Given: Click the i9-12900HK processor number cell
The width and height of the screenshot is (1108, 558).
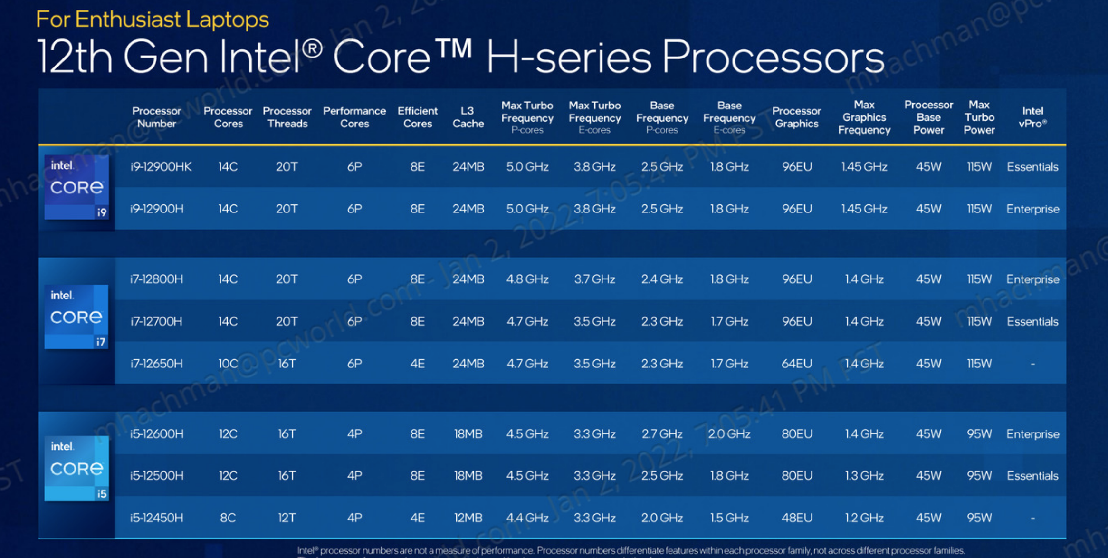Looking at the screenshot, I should (x=161, y=167).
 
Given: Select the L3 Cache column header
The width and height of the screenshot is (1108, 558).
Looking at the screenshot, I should (x=468, y=117).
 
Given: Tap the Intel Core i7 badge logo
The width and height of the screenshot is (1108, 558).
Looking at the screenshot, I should (x=76, y=317).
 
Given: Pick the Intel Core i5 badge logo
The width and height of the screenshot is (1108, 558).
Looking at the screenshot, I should (x=76, y=468).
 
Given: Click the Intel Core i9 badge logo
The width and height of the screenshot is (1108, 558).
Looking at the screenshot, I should (x=76, y=187).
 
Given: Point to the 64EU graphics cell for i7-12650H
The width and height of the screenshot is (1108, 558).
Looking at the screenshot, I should (x=796, y=364).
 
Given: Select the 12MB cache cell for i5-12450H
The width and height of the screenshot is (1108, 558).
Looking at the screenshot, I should (x=468, y=518).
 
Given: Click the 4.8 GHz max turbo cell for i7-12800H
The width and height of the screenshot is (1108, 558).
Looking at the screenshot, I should (x=527, y=279).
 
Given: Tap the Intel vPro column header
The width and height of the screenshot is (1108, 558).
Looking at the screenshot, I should (x=1032, y=117).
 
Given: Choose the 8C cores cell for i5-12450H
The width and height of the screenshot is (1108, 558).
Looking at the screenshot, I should (x=228, y=518).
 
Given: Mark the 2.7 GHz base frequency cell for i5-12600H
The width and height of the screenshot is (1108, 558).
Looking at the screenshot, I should (x=661, y=434).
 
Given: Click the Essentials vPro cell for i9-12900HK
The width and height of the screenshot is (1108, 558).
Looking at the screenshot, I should (x=1032, y=167).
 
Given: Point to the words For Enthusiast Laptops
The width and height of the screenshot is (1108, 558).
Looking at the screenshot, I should (x=152, y=19).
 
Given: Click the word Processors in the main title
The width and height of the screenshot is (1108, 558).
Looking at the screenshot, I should (x=773, y=58).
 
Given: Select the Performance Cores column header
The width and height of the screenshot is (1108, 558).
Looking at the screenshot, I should (x=354, y=117).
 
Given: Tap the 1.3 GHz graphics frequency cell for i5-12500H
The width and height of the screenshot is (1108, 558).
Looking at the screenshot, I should (x=864, y=476).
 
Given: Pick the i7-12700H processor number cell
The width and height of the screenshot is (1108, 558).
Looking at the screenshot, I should (x=156, y=322).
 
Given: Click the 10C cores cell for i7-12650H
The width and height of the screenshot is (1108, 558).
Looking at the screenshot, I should (x=228, y=364).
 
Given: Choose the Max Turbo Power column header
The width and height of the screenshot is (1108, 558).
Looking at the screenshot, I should (x=979, y=117).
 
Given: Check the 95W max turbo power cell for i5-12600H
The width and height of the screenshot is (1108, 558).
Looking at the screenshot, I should (x=979, y=434).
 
